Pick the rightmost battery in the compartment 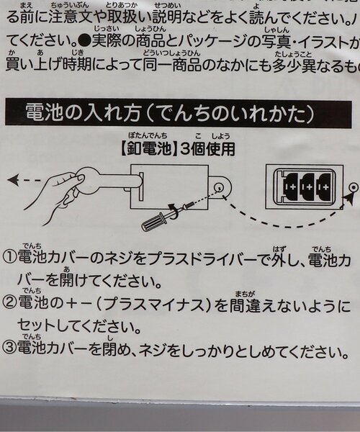(324, 186)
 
